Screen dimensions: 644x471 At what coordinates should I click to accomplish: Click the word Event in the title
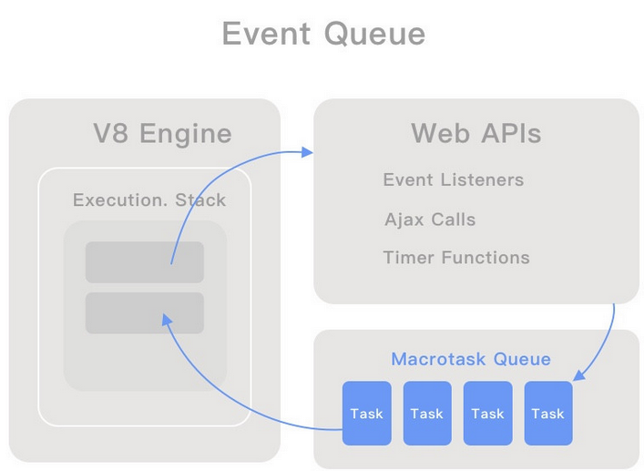tap(266, 34)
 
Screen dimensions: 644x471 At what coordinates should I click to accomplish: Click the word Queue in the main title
tap(374, 34)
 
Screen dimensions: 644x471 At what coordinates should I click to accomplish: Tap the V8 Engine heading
tap(163, 134)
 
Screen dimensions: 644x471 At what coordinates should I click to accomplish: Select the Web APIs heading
tap(476, 133)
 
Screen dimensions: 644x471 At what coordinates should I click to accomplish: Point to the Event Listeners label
tap(454, 179)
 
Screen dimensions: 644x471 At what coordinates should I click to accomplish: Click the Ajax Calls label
tap(430, 220)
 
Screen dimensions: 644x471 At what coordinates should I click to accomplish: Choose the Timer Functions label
tap(456, 258)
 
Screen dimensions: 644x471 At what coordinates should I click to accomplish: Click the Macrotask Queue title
tap(471, 359)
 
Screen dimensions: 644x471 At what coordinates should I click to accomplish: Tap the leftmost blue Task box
tap(367, 413)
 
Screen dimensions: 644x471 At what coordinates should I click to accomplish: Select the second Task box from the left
tap(427, 413)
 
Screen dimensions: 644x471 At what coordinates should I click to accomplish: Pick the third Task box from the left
tap(488, 413)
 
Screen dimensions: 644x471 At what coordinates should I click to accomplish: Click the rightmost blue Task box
tap(548, 413)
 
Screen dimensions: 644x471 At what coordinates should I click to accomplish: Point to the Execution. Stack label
tap(149, 200)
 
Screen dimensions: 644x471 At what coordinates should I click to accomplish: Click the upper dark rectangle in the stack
tap(145, 262)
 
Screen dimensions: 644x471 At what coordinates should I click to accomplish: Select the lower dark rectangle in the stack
tap(145, 312)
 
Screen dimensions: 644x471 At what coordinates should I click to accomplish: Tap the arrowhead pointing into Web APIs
tap(307, 152)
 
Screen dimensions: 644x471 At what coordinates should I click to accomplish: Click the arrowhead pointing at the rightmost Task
tap(578, 375)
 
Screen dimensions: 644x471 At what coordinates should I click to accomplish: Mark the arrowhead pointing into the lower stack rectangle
tap(167, 320)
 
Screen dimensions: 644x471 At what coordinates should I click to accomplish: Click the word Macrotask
tap(438, 359)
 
